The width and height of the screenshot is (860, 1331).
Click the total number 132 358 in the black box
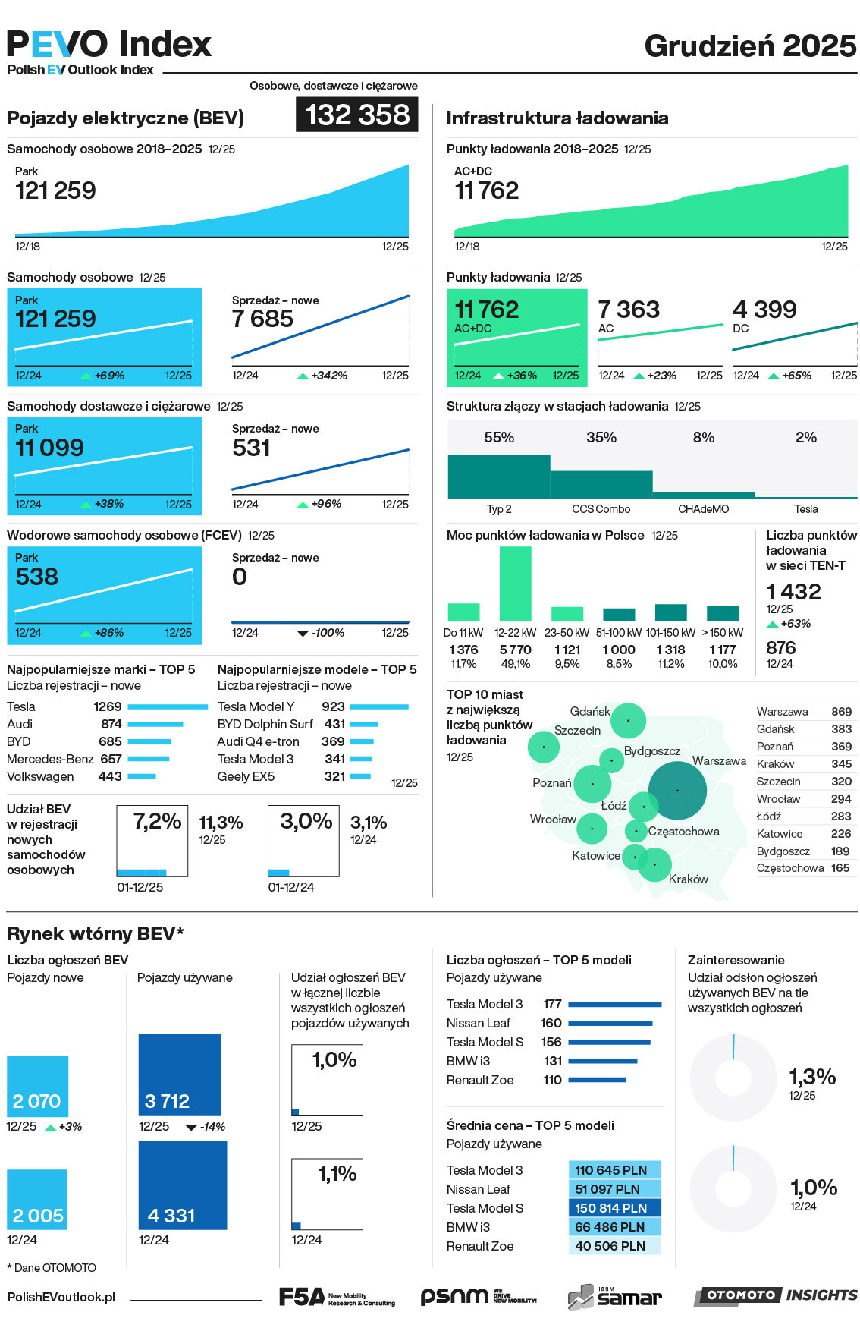[356, 115]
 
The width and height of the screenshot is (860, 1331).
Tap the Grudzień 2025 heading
[750, 46]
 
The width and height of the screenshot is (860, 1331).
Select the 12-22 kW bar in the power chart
[515, 584]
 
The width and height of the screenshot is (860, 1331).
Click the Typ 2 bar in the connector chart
[498, 477]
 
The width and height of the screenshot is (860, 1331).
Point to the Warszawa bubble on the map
[677, 790]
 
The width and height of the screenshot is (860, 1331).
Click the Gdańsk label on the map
[590, 711]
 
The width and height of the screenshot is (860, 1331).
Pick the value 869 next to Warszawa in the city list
[841, 712]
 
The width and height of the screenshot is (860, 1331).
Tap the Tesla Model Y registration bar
[379, 706]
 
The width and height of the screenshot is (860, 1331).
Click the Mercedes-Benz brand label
[50, 759]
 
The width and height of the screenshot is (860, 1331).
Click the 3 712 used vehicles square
[179, 1075]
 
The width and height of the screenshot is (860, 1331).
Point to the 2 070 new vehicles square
[37, 1086]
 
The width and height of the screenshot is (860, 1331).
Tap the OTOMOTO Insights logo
[777, 1295]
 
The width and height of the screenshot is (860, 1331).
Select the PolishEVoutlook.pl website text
[61, 1298]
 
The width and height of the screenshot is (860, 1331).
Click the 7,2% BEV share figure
[157, 821]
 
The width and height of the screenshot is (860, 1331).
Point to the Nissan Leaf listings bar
[610, 1024]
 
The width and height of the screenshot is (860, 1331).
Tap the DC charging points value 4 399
[764, 310]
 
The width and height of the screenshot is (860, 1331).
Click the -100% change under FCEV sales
[328, 633]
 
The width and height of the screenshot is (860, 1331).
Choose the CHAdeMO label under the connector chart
[703, 509]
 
